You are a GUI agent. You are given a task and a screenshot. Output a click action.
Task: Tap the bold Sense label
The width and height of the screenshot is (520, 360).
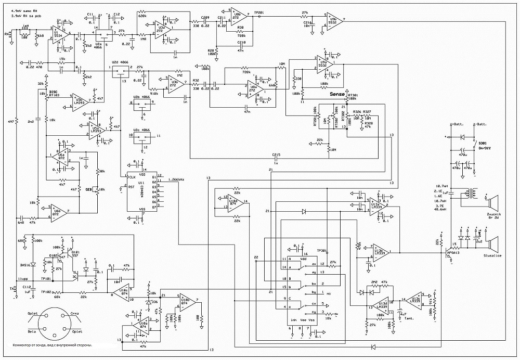coord(338,95)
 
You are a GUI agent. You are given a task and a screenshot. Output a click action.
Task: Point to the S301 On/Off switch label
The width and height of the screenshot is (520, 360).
coord(485,145)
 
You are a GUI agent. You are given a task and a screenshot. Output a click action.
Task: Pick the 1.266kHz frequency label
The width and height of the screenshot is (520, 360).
coord(176,179)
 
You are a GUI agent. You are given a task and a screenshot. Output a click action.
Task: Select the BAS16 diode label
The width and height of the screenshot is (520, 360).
coord(25,265)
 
